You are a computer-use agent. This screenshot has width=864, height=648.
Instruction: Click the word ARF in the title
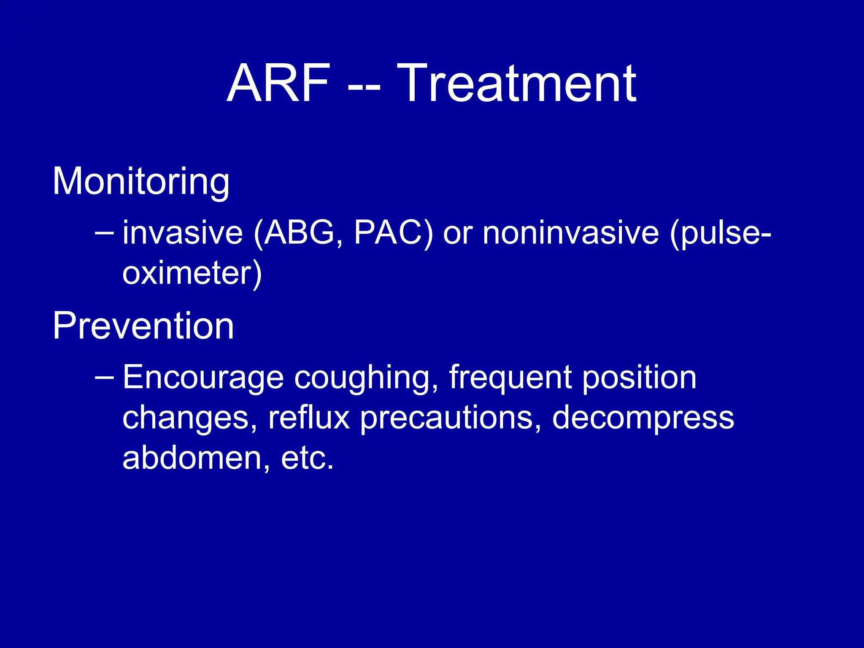click(x=278, y=83)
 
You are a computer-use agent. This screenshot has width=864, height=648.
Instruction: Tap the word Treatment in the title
click(x=516, y=83)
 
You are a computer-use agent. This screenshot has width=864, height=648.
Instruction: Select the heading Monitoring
click(x=141, y=181)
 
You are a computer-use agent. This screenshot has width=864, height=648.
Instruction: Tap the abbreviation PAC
click(x=388, y=233)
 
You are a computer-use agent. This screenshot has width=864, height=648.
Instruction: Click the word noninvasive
click(x=570, y=233)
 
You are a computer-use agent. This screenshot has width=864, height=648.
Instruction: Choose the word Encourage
click(x=203, y=378)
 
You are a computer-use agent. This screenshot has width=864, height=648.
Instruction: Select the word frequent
click(x=510, y=378)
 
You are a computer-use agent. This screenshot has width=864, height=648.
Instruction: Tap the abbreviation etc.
click(x=307, y=459)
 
